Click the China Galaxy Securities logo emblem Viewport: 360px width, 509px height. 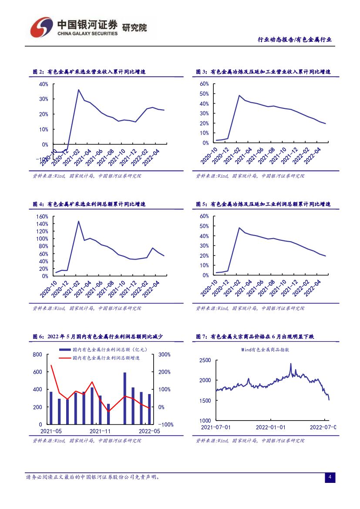tap(41, 27)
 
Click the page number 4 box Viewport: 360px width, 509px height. tap(330, 478)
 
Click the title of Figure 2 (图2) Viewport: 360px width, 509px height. tap(89, 72)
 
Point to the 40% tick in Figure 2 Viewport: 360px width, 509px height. tap(43, 84)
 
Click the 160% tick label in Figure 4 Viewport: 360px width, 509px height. tap(42, 216)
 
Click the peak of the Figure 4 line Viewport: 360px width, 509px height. tap(78, 221)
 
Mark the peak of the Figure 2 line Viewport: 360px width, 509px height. tap(78, 90)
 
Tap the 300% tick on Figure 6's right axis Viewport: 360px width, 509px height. tap(164, 355)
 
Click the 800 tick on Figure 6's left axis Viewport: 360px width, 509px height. tap(37, 355)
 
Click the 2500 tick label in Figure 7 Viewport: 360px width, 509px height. tap(205, 360)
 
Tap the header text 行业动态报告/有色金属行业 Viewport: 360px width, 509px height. tap(294, 40)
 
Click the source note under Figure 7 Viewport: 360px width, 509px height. tap(250, 441)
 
